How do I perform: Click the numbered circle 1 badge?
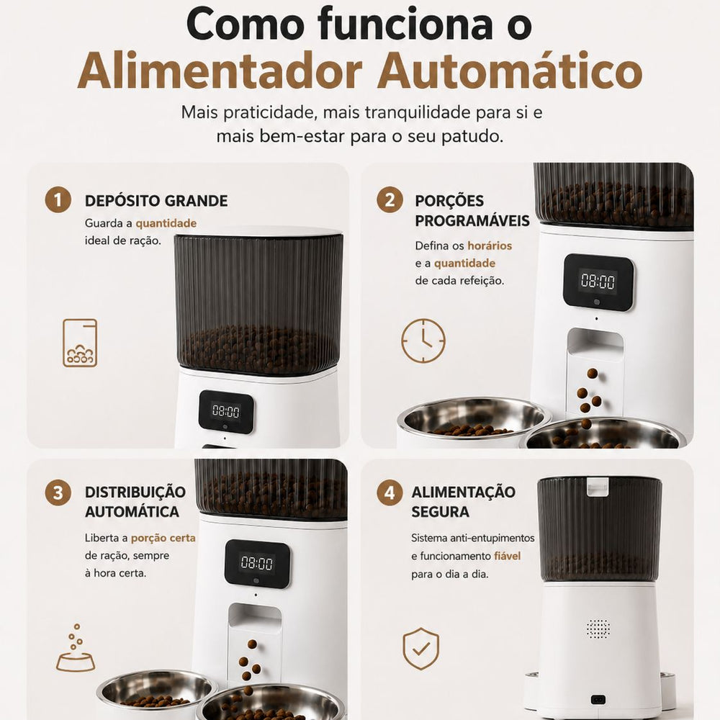click(x=58, y=199)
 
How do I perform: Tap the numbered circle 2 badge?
click(x=390, y=199)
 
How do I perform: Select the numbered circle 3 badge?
click(x=58, y=492)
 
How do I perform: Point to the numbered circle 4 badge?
click(x=390, y=492)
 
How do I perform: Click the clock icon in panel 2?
click(x=423, y=341)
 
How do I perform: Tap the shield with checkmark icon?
click(x=420, y=649)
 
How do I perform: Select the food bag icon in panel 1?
click(x=80, y=343)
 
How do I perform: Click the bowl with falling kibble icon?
click(x=76, y=649)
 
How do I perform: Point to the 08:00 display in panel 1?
click(x=225, y=410)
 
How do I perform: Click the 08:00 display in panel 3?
click(x=257, y=562)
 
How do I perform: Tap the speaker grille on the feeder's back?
click(x=598, y=629)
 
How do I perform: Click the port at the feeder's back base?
click(x=598, y=700)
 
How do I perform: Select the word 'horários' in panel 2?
click(x=490, y=246)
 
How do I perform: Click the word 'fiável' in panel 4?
click(x=508, y=556)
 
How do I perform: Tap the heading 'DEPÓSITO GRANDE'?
click(x=156, y=201)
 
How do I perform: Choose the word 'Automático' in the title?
click(x=510, y=71)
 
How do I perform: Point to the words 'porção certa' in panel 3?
click(x=163, y=538)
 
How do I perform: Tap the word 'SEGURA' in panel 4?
click(x=440, y=511)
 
